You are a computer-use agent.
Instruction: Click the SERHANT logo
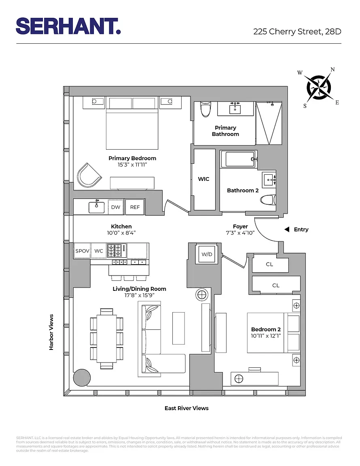tap(68, 26)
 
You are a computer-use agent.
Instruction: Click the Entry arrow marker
tap(287, 229)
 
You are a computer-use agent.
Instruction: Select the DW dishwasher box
tap(116, 207)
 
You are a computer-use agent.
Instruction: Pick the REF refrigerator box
tap(135, 207)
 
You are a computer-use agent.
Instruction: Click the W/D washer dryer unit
tap(207, 254)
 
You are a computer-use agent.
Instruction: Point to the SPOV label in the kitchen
tap(83, 251)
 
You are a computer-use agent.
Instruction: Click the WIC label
tap(203, 179)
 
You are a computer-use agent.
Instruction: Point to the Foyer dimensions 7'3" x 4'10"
tap(240, 233)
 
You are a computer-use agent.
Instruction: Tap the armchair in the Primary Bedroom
tap(89, 175)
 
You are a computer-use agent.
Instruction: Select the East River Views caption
tap(186, 408)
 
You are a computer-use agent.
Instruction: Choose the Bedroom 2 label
tap(266, 329)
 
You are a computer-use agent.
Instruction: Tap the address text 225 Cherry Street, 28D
tap(297, 32)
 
